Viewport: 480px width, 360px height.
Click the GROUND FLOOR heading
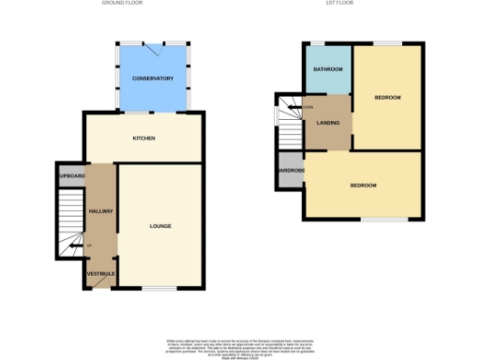tap(126, 4)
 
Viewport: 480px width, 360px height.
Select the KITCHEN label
tap(143, 139)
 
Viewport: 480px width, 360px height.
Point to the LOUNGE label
tap(160, 226)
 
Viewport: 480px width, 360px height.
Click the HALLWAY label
tap(100, 211)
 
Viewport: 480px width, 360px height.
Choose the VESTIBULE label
tap(100, 273)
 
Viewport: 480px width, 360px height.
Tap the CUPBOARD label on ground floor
tap(71, 176)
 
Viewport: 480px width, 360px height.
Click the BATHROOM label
tap(327, 70)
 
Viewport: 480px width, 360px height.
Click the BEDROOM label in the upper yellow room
tap(387, 97)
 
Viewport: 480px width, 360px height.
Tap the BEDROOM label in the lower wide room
tap(363, 186)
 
